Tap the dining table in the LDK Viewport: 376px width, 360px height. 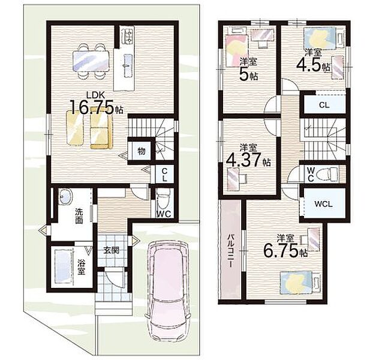pyautogui.click(x=91, y=61)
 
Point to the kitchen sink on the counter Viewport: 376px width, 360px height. pyautogui.click(x=128, y=65)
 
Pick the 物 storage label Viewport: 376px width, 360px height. pyautogui.click(x=141, y=151)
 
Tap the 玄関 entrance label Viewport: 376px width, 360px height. pyautogui.click(x=112, y=250)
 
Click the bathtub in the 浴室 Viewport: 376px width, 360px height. pyautogui.click(x=64, y=266)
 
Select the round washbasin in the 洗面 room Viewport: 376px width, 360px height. pyautogui.click(x=65, y=196)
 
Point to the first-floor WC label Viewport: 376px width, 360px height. pyautogui.click(x=164, y=214)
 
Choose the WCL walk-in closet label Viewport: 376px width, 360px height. pyautogui.click(x=323, y=204)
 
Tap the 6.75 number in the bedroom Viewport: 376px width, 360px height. pyautogui.click(x=281, y=251)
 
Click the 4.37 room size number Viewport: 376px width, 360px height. pyautogui.click(x=243, y=160)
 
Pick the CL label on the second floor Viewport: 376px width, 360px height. pyautogui.click(x=324, y=105)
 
